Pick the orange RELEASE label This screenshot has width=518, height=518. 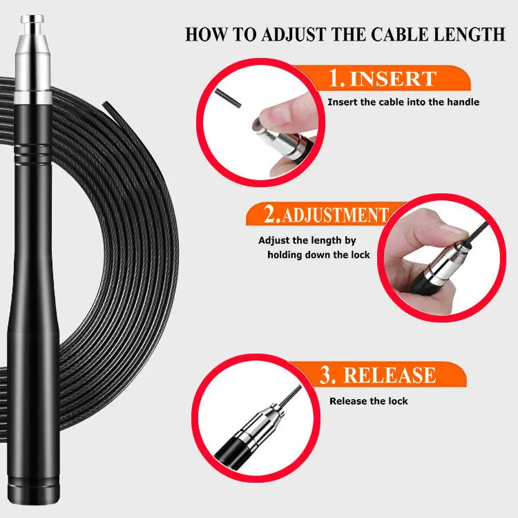pos(390,375)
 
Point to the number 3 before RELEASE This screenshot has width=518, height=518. pos(327,375)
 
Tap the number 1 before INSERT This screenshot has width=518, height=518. pos(336,78)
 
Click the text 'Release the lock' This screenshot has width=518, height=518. pos(368,401)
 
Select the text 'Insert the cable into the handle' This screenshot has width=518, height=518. pos(403,102)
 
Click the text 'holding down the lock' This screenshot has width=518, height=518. pos(318,255)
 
